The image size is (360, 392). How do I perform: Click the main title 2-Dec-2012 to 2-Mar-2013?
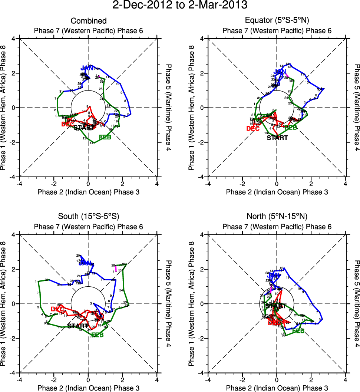click(180, 6)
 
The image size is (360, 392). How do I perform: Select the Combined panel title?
click(89, 21)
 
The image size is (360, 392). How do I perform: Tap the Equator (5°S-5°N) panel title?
click(277, 21)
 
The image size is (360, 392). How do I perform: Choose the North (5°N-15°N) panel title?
click(277, 217)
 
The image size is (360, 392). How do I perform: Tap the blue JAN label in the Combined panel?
click(87, 68)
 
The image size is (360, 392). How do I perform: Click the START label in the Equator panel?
click(277, 138)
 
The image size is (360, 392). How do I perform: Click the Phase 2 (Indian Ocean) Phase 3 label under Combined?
click(88, 192)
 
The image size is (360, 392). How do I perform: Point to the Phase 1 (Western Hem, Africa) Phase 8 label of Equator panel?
click(192, 108)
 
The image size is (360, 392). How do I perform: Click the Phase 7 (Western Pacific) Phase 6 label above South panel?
click(88, 227)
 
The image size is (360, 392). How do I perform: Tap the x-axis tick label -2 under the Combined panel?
click(54, 184)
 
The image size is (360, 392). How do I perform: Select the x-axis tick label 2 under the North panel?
click(311, 380)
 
